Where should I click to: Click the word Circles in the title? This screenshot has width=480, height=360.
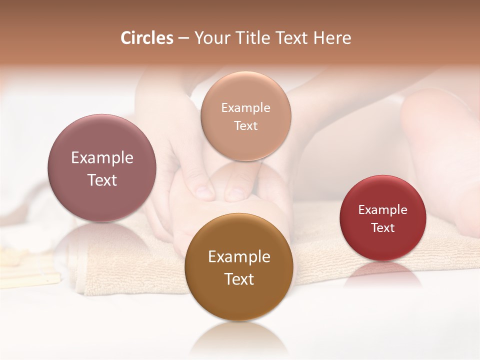[x=147, y=38]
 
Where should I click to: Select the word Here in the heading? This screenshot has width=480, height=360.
[x=332, y=38]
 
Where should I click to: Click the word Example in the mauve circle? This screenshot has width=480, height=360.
[x=102, y=158]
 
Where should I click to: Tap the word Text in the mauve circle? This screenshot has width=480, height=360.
[x=102, y=180]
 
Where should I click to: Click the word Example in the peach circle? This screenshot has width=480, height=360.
[x=245, y=108]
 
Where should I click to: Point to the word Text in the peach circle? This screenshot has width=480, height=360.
[x=245, y=125]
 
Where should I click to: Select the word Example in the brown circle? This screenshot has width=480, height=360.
[x=239, y=257]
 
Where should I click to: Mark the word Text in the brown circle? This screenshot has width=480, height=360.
[x=239, y=279]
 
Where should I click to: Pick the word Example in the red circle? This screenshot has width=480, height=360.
[x=382, y=210]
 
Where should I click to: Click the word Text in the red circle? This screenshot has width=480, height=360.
[x=382, y=227]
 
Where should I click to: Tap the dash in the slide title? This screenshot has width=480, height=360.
[x=183, y=38]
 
